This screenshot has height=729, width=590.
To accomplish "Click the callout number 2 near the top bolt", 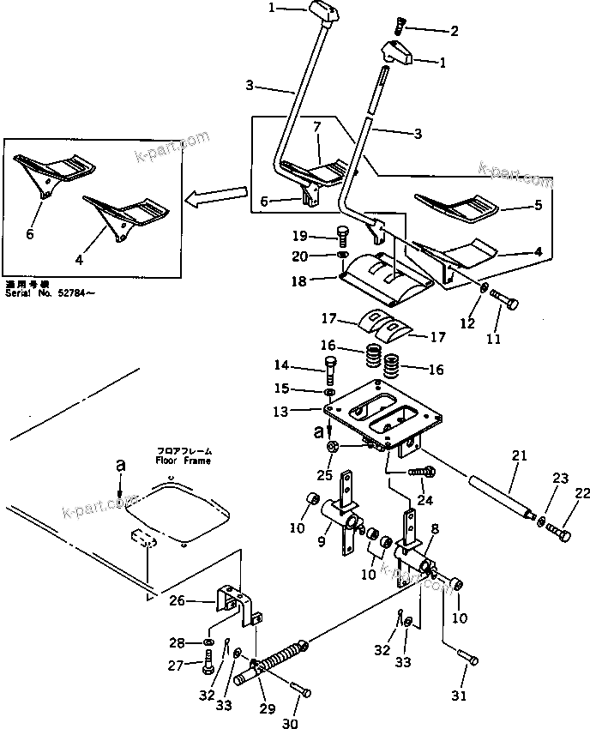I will (x=454, y=31).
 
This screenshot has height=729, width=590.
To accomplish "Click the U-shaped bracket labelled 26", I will (x=242, y=605).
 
